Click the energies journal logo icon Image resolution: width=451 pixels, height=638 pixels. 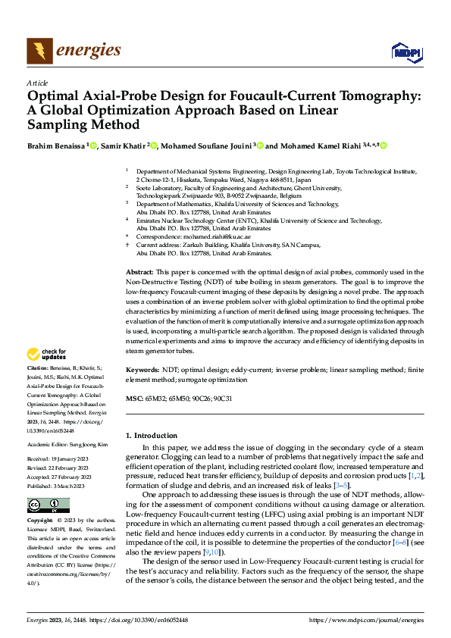38,51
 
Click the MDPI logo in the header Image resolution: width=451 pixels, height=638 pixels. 406,52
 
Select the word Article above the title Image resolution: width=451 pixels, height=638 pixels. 37,83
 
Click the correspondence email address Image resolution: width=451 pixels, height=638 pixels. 210,236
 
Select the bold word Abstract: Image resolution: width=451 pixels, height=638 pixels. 139,271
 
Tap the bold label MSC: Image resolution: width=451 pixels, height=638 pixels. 133,398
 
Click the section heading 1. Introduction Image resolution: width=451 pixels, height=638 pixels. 155,435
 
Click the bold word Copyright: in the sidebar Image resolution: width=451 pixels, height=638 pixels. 40,522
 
